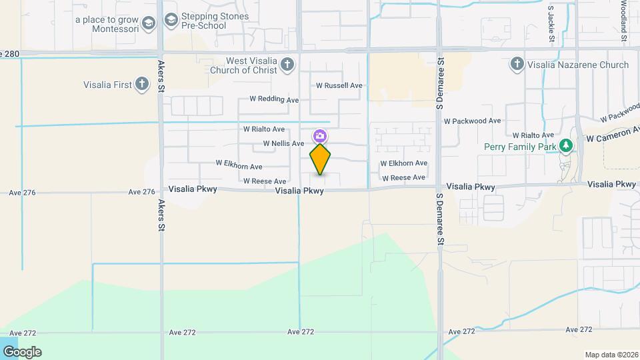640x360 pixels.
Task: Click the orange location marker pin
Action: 320,159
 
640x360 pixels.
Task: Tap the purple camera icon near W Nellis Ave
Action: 320,136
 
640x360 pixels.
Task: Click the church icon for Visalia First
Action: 141,85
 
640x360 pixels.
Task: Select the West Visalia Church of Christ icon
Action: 287,65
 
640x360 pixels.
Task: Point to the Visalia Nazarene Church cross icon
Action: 516,65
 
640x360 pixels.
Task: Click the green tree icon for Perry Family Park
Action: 566,145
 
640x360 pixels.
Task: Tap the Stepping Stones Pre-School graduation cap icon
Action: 171,21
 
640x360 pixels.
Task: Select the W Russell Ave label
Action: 339,85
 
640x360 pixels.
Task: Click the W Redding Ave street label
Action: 274,99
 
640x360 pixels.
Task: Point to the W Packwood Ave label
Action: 472,121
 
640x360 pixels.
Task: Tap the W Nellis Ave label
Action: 283,143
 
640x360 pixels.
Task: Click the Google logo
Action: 22,352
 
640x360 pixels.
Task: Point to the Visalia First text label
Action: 107,85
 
